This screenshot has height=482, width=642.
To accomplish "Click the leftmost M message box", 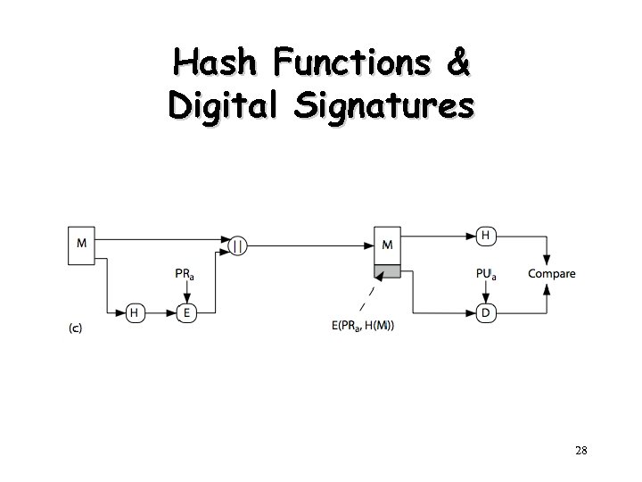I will pyautogui.click(x=82, y=244).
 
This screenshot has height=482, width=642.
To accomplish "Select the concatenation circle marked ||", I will pyautogui.click(x=238, y=245).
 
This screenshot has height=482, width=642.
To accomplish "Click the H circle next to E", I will pyautogui.click(x=134, y=312).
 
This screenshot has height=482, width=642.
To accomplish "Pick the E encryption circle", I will pyautogui.click(x=186, y=312).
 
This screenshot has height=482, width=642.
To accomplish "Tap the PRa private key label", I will pyautogui.click(x=185, y=275).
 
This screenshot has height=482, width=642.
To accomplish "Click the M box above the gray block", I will pyautogui.click(x=387, y=245).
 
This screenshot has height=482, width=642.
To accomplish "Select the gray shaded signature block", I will pyautogui.click(x=387, y=272).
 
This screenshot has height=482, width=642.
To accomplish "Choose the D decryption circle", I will pyautogui.click(x=486, y=312).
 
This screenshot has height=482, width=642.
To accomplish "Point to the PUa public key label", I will pyautogui.click(x=486, y=274).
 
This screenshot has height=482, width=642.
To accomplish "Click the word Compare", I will pyautogui.click(x=551, y=274).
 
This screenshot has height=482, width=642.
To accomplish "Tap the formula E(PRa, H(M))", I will pyautogui.click(x=363, y=327).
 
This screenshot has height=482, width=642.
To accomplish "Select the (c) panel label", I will pyautogui.click(x=76, y=328).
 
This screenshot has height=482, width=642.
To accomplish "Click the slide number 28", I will pyautogui.click(x=580, y=451).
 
